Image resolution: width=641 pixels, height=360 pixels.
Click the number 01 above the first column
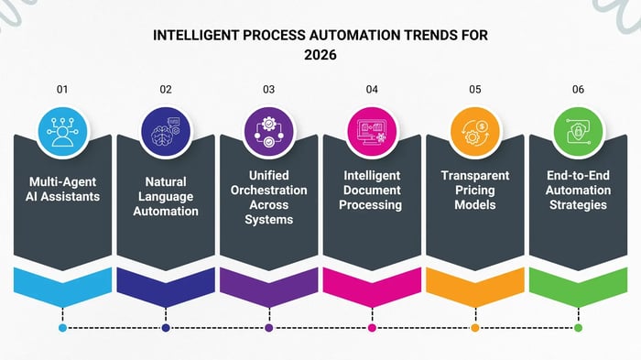(62, 90)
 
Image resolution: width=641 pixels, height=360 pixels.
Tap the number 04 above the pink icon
(372, 90)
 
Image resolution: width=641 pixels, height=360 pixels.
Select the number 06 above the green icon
(578, 90)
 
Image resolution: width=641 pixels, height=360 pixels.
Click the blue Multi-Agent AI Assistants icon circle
(62, 131)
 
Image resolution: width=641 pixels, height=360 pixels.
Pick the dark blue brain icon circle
(166, 131)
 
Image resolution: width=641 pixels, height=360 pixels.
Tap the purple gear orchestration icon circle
(268, 131)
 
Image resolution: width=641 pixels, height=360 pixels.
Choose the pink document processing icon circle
(372, 131)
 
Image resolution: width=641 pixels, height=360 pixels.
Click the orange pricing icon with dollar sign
(474, 131)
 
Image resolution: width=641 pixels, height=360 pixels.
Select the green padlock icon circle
(578, 131)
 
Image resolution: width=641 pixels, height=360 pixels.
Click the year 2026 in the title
(320, 53)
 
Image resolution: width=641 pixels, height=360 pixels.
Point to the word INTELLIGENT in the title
(196, 35)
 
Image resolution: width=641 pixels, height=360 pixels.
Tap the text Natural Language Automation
(166, 197)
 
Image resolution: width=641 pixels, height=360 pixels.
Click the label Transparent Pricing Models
(474, 190)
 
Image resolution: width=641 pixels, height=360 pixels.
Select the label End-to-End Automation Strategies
(578, 190)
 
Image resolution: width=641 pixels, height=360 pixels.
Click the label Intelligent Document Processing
(372, 190)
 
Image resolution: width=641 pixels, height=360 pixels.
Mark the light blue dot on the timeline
(62, 327)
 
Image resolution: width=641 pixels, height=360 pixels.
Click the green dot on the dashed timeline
(578, 327)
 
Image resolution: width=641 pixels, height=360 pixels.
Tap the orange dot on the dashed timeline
(474, 327)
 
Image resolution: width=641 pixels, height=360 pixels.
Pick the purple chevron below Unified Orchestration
(268, 285)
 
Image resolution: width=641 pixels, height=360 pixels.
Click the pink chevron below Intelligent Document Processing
(372, 285)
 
